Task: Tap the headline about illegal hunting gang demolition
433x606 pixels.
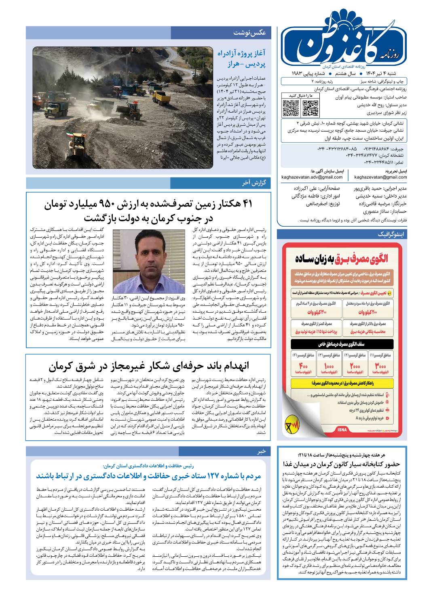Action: click(149, 366)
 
